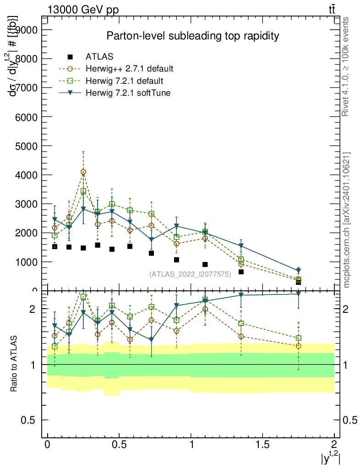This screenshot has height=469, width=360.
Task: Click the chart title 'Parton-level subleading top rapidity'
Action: click(193, 36)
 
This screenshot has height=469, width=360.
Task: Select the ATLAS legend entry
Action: click(99, 57)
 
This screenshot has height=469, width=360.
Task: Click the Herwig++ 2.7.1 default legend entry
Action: click(129, 69)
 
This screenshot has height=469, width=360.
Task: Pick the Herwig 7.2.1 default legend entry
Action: click(125, 81)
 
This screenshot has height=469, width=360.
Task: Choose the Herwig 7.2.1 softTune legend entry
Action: click(127, 93)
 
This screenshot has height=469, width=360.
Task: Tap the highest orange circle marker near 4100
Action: click(83, 172)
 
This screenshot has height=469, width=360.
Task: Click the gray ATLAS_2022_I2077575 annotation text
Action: click(190, 274)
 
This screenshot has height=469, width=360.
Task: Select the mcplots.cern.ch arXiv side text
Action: click(347, 220)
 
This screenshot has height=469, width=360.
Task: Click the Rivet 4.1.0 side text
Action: click(347, 66)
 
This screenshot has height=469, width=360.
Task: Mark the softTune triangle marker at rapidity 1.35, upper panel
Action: click(241, 246)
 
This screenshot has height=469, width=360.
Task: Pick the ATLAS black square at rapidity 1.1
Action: click(205, 265)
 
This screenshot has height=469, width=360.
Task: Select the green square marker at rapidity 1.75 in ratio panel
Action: click(298, 338)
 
